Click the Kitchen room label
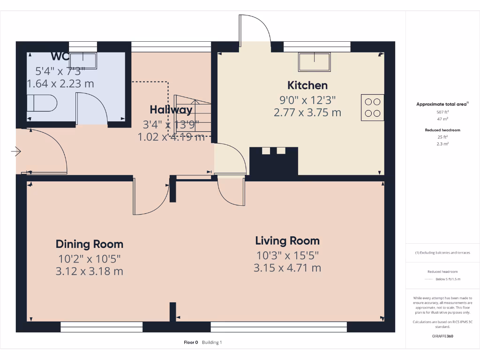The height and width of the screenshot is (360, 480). point(307,85)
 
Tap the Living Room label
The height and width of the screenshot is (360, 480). point(287,241)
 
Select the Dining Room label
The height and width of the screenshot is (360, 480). point(90,244)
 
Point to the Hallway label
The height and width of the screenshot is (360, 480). point(171,110)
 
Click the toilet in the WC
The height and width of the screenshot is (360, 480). point(41,103)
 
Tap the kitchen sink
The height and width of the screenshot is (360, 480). point(315,61)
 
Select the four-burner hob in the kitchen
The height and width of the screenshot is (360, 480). point(373,107)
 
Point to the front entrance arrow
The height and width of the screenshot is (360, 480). point(17,151)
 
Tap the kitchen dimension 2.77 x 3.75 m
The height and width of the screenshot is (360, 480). point(307,112)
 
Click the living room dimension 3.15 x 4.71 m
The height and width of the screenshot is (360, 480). point(287,268)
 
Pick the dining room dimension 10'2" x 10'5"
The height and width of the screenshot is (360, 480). point(90,258)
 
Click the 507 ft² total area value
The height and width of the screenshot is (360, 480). point(442,112)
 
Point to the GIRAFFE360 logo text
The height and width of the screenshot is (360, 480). point(442,336)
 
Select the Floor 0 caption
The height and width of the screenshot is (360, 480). point(191,343)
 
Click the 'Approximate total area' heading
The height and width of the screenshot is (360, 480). point(442,104)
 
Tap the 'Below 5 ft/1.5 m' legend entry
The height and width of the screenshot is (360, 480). point(448,279)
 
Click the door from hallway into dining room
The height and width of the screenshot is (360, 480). point(151,197)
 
